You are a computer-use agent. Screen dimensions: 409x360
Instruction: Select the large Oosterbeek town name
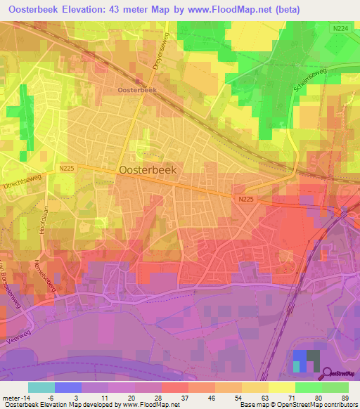pyautogui.click(x=148, y=169)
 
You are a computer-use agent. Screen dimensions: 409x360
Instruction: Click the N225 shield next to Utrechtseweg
pyautogui.click(x=67, y=168)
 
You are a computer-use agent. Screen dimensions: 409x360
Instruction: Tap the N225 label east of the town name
pyautogui.click(x=245, y=199)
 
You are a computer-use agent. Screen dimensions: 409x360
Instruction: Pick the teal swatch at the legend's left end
pyautogui.click(x=41, y=387)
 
